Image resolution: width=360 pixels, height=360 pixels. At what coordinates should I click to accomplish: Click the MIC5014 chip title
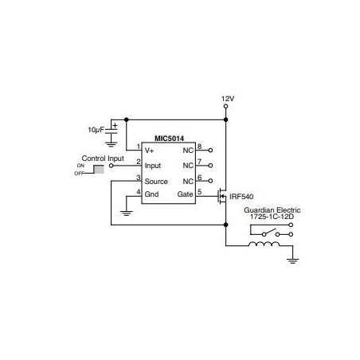[169, 139]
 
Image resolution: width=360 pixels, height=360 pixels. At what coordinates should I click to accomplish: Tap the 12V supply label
[228, 99]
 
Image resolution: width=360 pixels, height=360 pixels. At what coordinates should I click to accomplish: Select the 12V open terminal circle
[225, 107]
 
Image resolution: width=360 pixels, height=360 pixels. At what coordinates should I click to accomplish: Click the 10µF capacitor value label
[96, 130]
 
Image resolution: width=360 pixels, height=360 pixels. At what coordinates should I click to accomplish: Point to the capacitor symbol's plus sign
[115, 125]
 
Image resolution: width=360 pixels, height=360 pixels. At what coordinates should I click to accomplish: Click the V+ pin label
[149, 151]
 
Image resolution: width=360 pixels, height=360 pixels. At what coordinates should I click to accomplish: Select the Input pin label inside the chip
[153, 166]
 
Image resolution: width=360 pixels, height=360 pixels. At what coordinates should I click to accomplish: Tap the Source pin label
[156, 182]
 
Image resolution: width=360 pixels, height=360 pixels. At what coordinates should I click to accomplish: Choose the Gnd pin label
[151, 194]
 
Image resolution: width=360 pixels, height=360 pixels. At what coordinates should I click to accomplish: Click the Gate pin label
[185, 194]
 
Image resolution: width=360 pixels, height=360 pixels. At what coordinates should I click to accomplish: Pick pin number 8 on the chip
[199, 147]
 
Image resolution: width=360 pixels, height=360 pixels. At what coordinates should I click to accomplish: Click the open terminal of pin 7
[210, 166]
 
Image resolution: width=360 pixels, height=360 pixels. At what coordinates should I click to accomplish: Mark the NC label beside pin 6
[188, 182]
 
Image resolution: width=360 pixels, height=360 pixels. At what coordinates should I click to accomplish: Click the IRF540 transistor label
[241, 197]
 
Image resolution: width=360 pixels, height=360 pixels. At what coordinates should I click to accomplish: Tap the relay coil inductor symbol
[264, 244]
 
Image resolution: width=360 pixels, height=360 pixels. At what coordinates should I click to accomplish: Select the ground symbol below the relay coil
[292, 260]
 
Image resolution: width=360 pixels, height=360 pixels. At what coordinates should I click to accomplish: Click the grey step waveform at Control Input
[99, 169]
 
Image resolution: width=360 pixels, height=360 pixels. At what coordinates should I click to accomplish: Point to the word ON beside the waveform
[80, 166]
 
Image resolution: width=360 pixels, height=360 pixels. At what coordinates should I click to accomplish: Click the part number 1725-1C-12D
[272, 217]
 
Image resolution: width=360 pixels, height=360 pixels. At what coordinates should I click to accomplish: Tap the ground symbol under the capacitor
[111, 144]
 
